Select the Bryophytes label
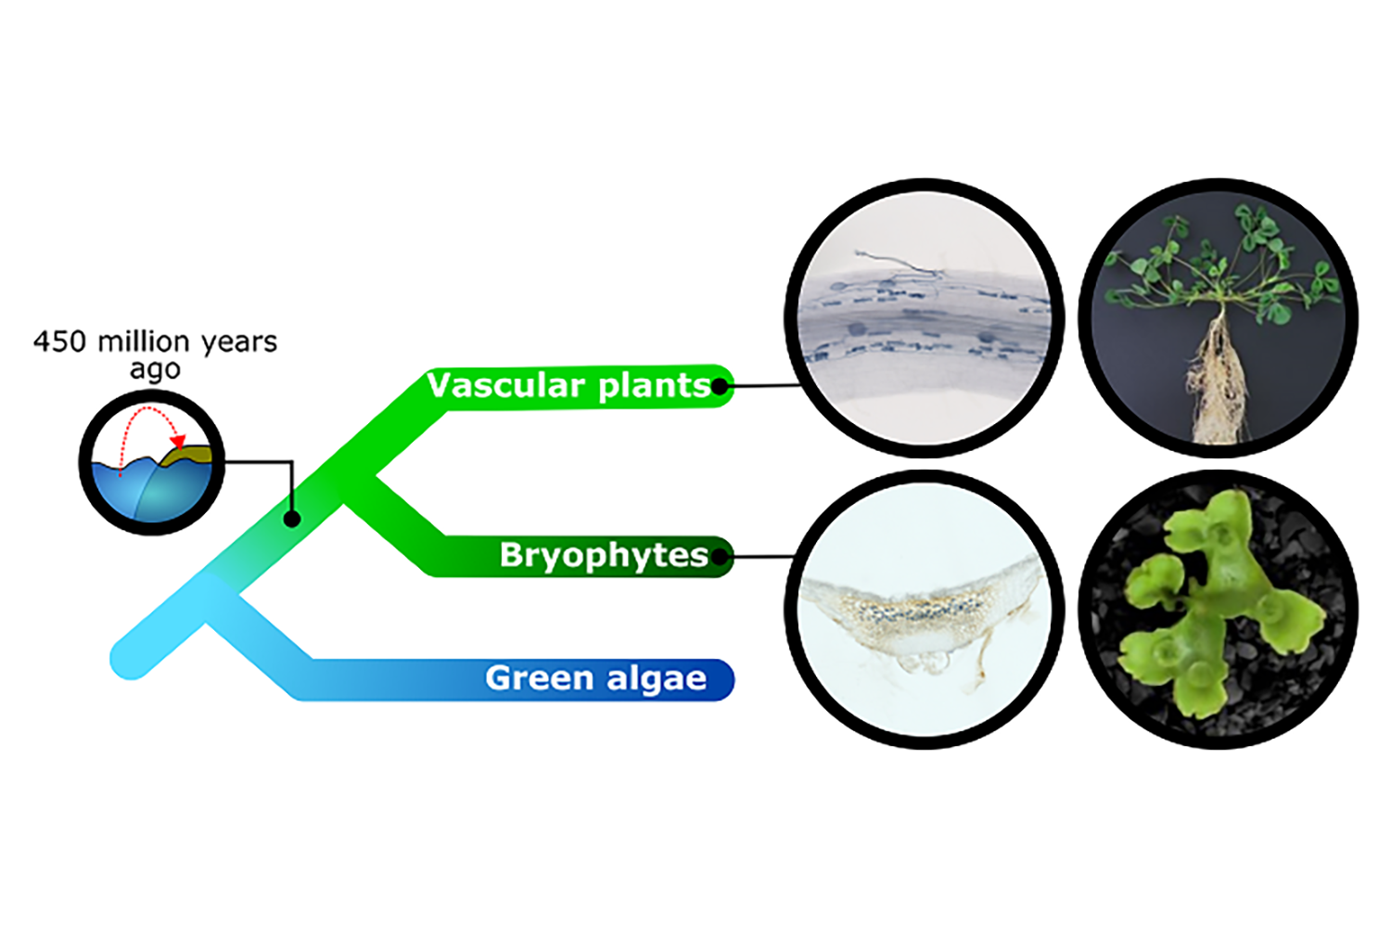click(604, 555)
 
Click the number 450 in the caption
click(60, 342)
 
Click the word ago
click(155, 370)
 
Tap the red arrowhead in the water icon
click(179, 440)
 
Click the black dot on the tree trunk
click(291, 519)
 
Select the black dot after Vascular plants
click(720, 386)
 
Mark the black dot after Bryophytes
click(720, 557)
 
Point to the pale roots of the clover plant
click(1212, 380)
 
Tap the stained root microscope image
click(925, 317)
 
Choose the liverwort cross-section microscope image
click(925, 609)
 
